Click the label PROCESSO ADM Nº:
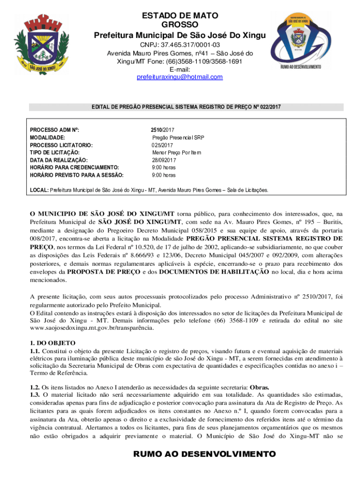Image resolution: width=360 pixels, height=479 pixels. coord(58,130)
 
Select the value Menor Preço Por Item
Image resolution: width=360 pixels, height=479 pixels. coord(176,152)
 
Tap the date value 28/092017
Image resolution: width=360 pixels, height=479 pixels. coord(163,160)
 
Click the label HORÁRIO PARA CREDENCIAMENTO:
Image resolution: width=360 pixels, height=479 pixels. coord(75,167)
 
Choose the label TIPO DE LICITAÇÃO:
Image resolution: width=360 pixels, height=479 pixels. coord(55,152)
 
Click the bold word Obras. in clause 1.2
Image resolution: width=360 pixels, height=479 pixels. coord(259,387)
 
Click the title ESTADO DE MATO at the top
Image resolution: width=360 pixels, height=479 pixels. coord(180,16)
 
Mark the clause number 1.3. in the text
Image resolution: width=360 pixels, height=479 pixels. coord(36,395)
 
